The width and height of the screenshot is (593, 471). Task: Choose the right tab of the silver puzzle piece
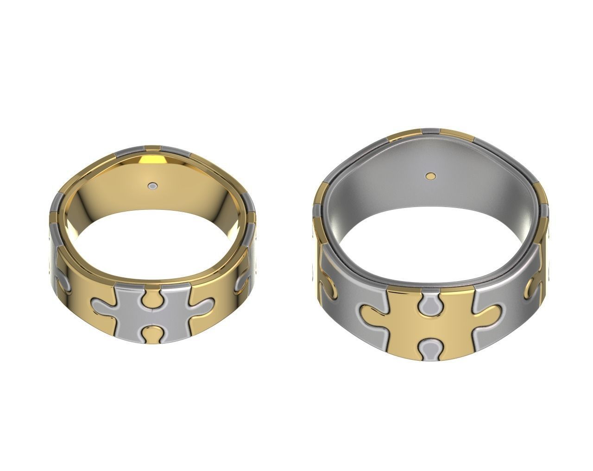click(202, 305)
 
